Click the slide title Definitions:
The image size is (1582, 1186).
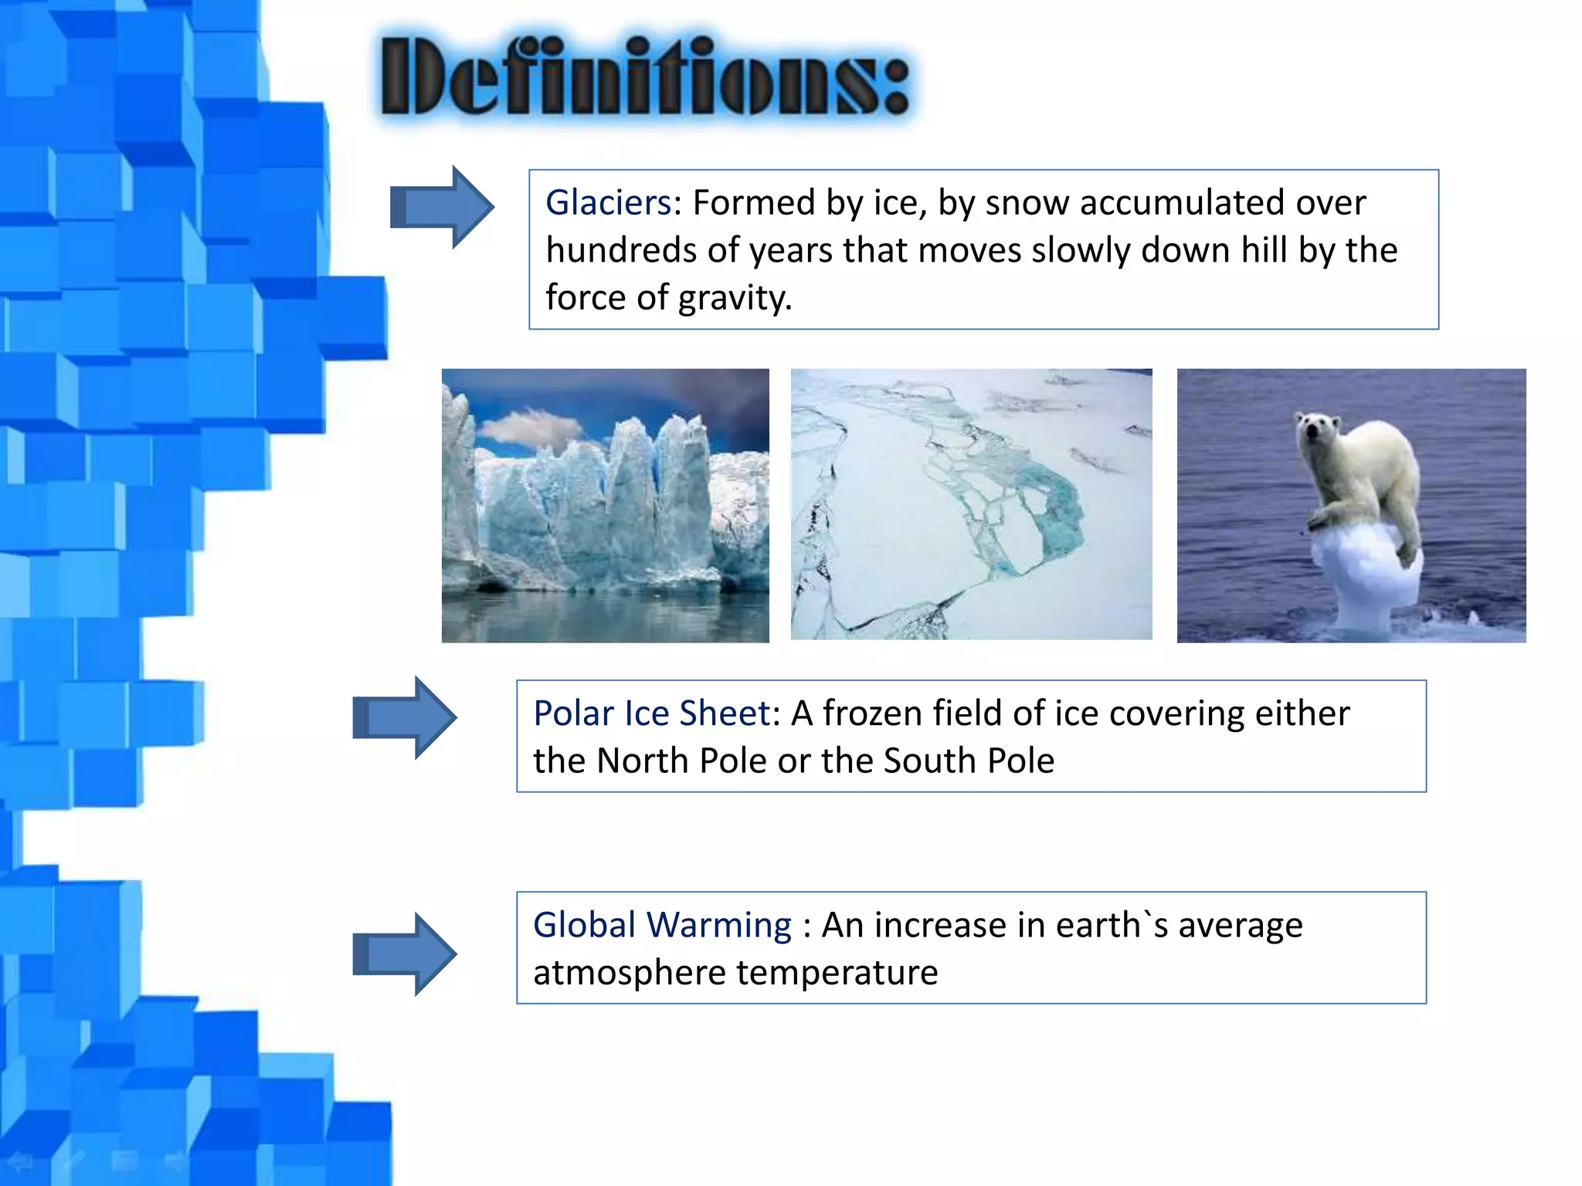[x=645, y=77]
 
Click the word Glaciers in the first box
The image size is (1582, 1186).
[x=608, y=203]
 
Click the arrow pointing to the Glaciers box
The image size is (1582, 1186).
[x=442, y=208]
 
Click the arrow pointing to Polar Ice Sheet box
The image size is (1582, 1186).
[x=405, y=718]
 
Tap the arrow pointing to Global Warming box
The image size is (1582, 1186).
[x=405, y=954]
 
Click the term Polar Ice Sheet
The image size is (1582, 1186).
[x=651, y=713]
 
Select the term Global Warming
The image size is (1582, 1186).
[x=662, y=925]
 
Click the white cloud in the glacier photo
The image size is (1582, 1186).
[x=533, y=427]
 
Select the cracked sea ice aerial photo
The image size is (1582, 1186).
[x=971, y=504]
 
